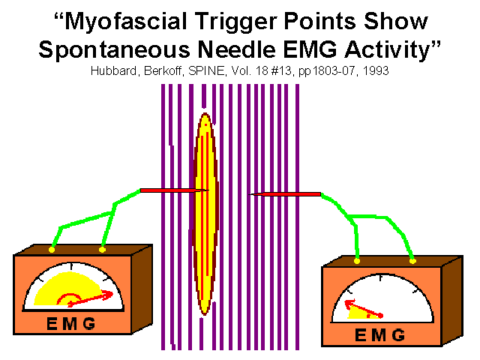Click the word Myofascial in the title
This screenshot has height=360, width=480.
(x=126, y=22)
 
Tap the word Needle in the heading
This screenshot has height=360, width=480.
(x=237, y=49)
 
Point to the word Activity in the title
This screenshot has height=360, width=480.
(x=388, y=49)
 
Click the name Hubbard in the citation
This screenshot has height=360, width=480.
(x=114, y=71)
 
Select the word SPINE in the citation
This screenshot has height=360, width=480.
(x=206, y=70)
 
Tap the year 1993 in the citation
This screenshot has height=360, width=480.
(x=376, y=70)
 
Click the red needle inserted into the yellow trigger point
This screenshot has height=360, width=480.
(x=175, y=190)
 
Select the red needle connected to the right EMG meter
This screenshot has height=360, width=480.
(x=285, y=194)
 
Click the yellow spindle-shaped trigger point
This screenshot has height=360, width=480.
(x=205, y=214)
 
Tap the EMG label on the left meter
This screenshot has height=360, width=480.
(x=71, y=323)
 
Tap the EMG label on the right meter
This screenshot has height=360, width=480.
(x=380, y=335)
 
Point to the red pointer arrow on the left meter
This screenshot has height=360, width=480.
(x=90, y=299)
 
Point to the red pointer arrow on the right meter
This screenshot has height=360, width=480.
(x=364, y=308)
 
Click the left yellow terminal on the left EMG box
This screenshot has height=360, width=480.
(x=52, y=250)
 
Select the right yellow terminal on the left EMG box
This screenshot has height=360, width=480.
(x=102, y=250)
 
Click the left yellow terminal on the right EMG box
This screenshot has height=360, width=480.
(x=357, y=261)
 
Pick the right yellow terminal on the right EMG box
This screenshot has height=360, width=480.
(x=412, y=261)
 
